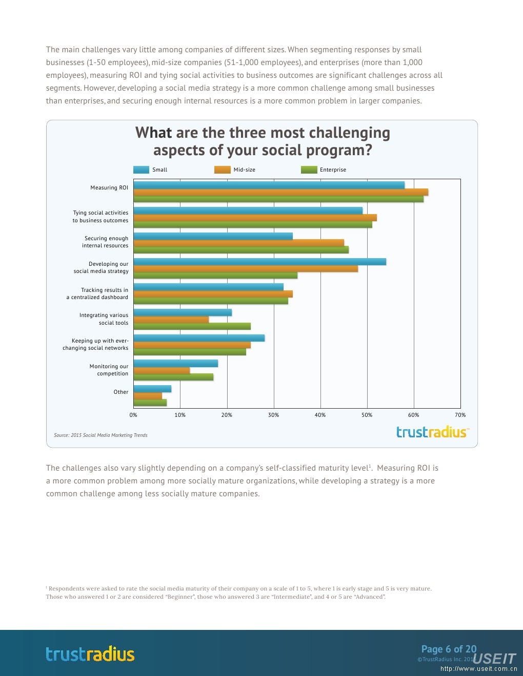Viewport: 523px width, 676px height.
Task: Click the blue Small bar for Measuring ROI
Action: (269, 185)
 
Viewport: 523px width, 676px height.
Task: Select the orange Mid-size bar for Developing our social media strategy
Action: (246, 269)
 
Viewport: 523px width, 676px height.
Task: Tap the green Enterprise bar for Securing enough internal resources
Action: (241, 250)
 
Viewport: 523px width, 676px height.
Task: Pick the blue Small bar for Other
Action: (152, 389)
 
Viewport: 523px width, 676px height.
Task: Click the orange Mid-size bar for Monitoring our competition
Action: (162, 370)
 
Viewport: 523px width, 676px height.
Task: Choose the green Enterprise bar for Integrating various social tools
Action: (192, 326)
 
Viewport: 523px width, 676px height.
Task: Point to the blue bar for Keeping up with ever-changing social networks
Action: (199, 338)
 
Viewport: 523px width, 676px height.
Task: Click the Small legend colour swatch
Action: (141, 170)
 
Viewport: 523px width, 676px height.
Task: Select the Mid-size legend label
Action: (244, 170)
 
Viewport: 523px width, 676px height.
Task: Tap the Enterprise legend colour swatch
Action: (309, 170)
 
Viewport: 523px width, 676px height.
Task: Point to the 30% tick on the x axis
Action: (273, 415)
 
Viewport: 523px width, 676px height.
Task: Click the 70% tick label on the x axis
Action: (460, 415)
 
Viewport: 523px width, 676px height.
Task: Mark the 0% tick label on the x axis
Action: (133, 415)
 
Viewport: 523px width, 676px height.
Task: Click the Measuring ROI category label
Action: (109, 187)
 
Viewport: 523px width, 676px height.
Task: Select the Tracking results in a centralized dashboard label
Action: (97, 293)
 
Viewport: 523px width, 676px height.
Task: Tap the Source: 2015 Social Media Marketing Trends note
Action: (100, 435)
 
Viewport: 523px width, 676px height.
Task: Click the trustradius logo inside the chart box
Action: (432, 432)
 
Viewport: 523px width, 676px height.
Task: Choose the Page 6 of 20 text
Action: (449, 649)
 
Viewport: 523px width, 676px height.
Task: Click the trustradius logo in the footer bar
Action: (90, 654)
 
